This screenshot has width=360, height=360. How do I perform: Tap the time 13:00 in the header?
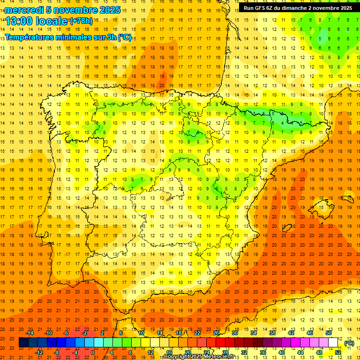click(x=20, y=21)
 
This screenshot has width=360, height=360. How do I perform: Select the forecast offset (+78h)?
click(x=81, y=21)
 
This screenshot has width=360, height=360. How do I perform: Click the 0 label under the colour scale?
click(x=93, y=352)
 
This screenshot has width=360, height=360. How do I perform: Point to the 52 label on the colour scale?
click(x=338, y=352)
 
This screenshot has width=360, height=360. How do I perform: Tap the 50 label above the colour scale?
click(x=328, y=333)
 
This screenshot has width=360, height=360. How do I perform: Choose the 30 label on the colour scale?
click(x=234, y=333)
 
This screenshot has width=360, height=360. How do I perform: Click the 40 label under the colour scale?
click(x=281, y=352)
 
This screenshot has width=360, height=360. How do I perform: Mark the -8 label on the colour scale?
click(x=56, y=352)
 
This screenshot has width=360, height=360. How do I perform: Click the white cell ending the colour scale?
click(x=333, y=343)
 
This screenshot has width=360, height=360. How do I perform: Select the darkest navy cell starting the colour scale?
click(x=23, y=343)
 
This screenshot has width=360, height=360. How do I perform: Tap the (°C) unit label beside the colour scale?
click(x=349, y=343)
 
